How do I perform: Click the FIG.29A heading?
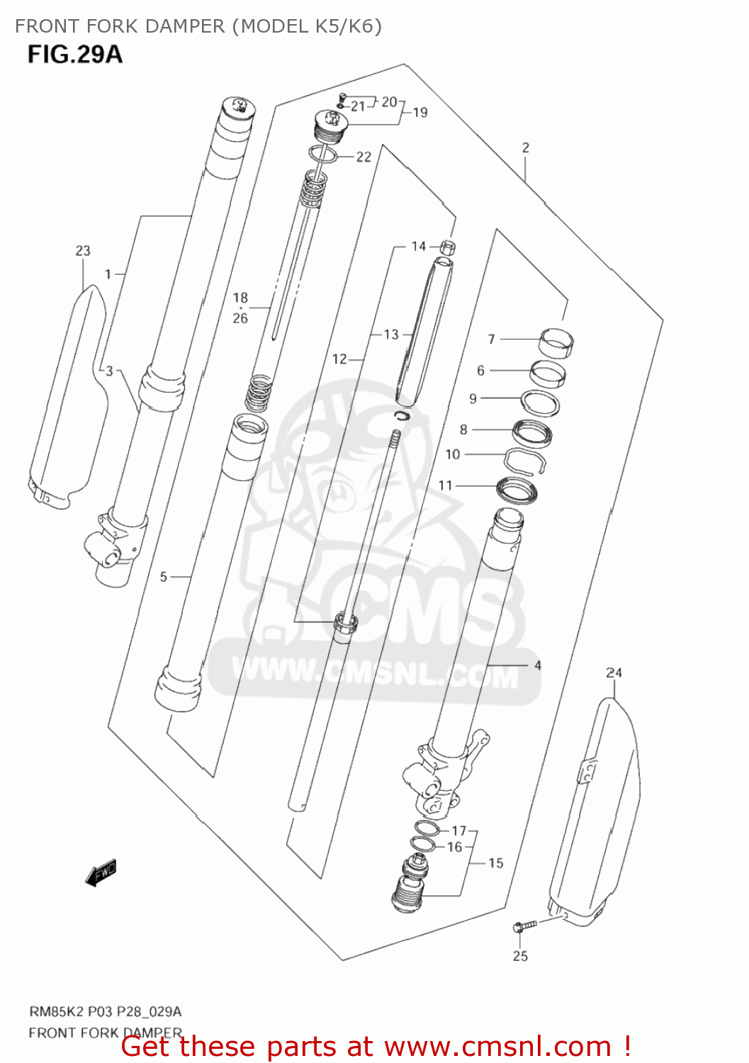pyautogui.click(x=75, y=54)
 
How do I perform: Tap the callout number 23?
pyautogui.click(x=83, y=251)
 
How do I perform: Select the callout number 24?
pyautogui.click(x=614, y=673)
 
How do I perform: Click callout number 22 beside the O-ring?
pyautogui.click(x=364, y=157)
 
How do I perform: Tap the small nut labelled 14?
pyautogui.click(x=447, y=247)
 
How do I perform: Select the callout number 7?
pyautogui.click(x=491, y=339)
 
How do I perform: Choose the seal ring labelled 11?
pyautogui.click(x=517, y=489)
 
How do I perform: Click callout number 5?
pyautogui.click(x=164, y=577)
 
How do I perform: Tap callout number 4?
pyautogui.click(x=538, y=665)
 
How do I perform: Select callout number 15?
pyautogui.click(x=496, y=863)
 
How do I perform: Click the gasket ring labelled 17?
pyautogui.click(x=427, y=828)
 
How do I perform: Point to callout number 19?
pyautogui.click(x=420, y=112)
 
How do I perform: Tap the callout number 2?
pyautogui.click(x=526, y=147)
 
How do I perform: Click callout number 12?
pyautogui.click(x=339, y=359)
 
